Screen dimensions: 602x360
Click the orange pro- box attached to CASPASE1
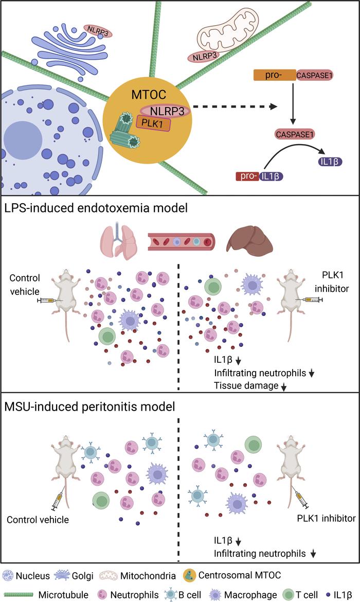[274, 76]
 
